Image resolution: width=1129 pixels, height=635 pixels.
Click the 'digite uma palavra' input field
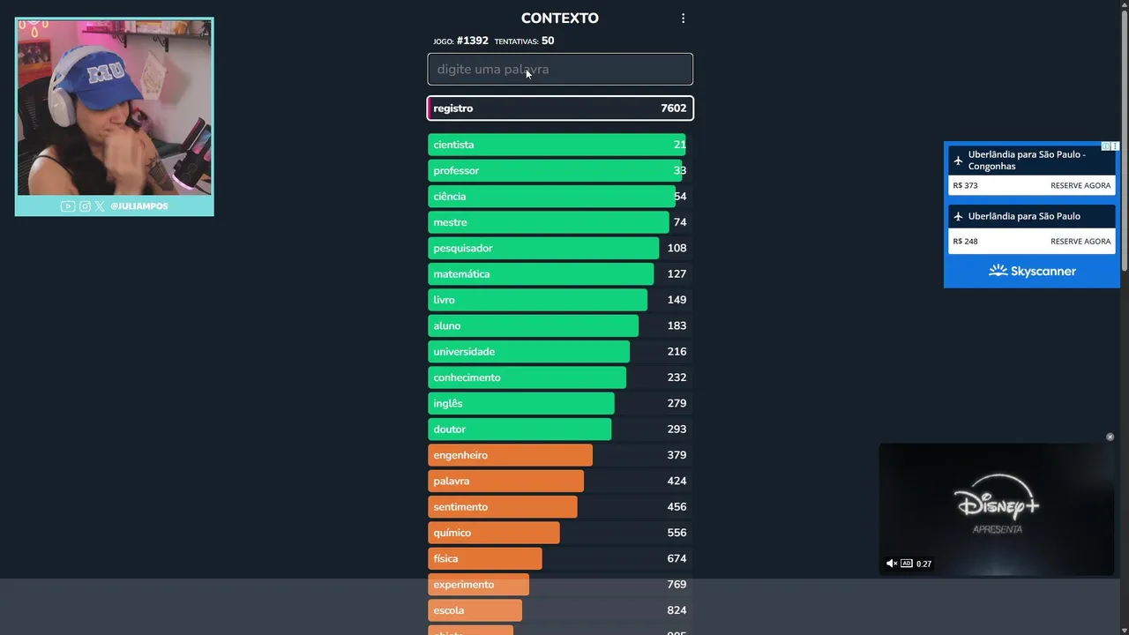(x=559, y=69)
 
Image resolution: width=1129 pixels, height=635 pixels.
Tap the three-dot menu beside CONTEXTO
(x=683, y=19)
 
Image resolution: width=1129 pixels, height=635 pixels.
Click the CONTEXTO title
(x=559, y=19)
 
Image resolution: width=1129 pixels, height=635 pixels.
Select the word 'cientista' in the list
(x=453, y=145)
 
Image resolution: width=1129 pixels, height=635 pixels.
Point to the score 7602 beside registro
(x=673, y=108)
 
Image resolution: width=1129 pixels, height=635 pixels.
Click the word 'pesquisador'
(x=462, y=248)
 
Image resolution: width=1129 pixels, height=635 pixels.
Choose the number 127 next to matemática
(x=677, y=274)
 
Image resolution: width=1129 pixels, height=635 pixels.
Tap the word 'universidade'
(x=464, y=352)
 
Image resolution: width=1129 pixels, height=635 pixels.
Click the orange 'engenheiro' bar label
(x=460, y=455)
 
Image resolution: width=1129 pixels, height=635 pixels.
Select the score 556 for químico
(x=677, y=533)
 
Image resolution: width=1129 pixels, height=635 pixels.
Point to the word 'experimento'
(x=463, y=585)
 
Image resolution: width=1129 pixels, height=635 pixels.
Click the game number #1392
(x=472, y=41)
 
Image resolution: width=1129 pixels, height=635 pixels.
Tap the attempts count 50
(x=548, y=41)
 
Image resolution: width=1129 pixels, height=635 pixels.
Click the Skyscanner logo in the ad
(x=1032, y=272)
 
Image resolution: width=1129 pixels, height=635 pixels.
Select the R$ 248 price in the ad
(x=965, y=241)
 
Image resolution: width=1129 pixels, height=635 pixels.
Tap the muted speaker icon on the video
(x=891, y=564)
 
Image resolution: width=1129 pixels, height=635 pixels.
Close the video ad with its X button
(x=1110, y=437)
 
